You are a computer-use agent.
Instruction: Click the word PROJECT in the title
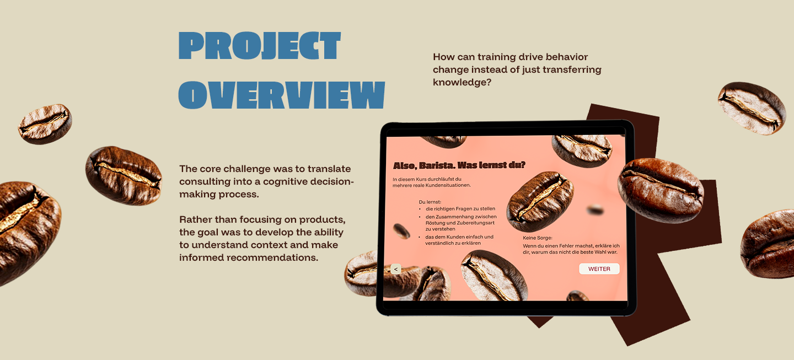pyautogui.click(x=260, y=46)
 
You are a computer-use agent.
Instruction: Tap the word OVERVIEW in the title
pyautogui.click(x=281, y=95)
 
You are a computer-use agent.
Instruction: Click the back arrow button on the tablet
pyautogui.click(x=396, y=269)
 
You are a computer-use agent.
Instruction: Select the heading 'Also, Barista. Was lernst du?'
pyautogui.click(x=459, y=165)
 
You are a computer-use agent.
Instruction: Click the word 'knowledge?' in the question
pyautogui.click(x=462, y=83)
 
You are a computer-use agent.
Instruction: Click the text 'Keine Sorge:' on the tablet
pyautogui.click(x=538, y=238)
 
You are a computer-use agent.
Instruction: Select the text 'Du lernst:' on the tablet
pyautogui.click(x=430, y=202)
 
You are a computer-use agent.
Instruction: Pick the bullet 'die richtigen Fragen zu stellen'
pyautogui.click(x=460, y=209)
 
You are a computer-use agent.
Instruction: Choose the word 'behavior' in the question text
pyautogui.click(x=567, y=57)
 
